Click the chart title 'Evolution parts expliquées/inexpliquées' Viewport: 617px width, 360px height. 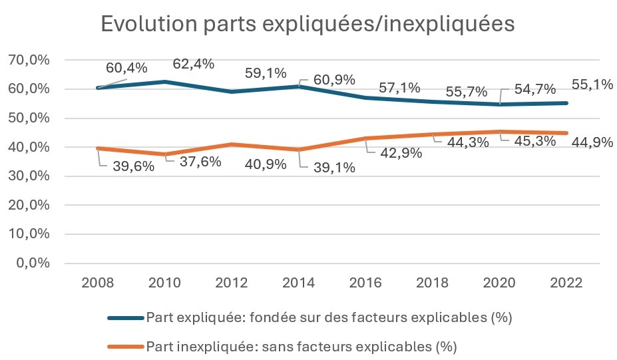tap(308, 24)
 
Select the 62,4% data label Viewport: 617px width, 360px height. tap(193, 64)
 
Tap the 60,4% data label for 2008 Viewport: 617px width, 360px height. tap(126, 68)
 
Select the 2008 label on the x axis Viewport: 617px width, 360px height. tap(98, 282)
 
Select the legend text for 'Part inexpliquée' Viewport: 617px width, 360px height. tap(302, 346)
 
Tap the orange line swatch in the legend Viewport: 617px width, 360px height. tap(126, 346)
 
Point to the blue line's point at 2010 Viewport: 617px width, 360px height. tap(164, 82)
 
